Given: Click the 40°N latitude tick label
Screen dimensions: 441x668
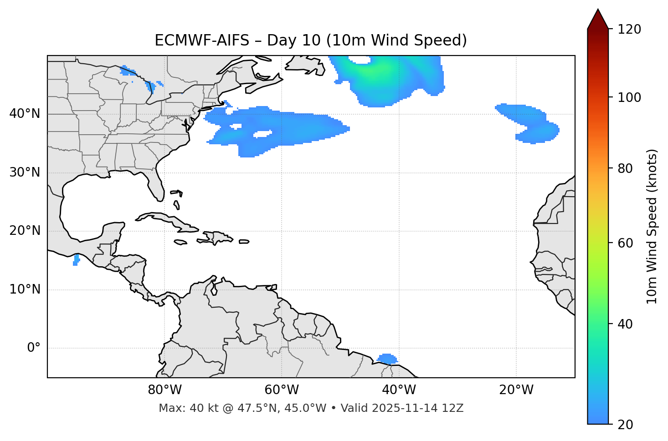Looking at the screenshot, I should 25,114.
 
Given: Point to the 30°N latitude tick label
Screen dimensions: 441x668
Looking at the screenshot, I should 25,172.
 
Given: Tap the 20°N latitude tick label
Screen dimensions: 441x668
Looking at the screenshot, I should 25,231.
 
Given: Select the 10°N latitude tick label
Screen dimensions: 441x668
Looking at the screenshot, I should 25,289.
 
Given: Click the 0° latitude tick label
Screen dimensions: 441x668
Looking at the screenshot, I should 34,348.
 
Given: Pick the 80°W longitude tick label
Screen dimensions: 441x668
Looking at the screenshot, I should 164,390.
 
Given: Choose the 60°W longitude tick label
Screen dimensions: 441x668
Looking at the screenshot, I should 282,390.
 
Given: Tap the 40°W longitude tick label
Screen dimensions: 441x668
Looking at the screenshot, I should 399,390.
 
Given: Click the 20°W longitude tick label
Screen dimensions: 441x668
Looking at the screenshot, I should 516,390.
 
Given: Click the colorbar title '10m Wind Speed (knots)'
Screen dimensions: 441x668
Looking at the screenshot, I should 652,226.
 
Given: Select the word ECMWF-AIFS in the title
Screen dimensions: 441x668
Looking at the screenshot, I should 202,41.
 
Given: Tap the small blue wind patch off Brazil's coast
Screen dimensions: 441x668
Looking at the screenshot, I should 387,359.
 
